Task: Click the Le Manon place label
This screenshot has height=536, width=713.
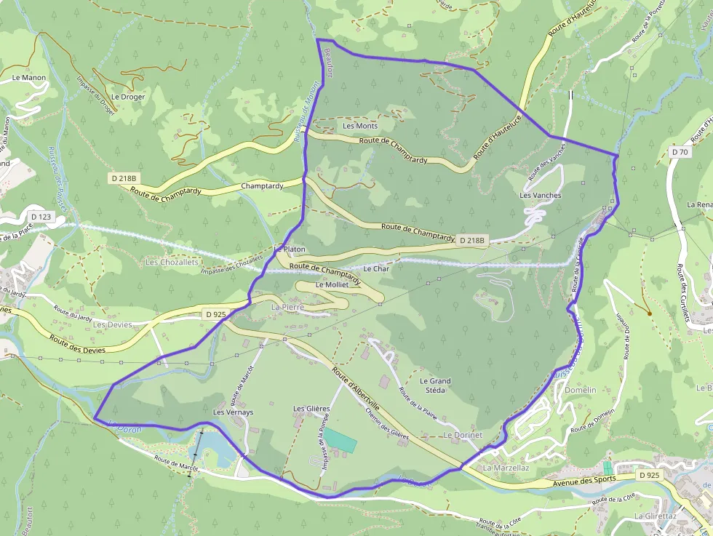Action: pos(29,78)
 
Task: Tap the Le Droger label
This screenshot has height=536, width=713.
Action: pos(128,97)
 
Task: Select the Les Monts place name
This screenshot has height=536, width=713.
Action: pos(360,127)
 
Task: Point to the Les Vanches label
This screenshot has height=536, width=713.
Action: pos(541,196)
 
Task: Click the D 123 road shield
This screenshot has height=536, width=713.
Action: pos(41,217)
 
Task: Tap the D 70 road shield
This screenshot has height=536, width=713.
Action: pos(680,152)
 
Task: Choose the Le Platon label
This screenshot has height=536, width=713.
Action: pos(290,249)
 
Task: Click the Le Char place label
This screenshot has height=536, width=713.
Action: pos(376,269)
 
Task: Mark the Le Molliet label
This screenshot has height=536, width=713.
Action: pos(332,285)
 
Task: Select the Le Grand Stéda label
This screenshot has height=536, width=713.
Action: pos(435,385)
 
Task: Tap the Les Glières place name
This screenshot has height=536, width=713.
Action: pos(311,409)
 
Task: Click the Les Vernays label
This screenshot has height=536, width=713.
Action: pos(233,412)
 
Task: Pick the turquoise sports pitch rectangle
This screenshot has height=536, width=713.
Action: pos(340,439)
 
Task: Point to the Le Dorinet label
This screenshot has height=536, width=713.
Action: pos(463,435)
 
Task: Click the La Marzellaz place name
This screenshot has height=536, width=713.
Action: pos(506,468)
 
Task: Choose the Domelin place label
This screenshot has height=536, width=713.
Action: pos(580,390)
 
